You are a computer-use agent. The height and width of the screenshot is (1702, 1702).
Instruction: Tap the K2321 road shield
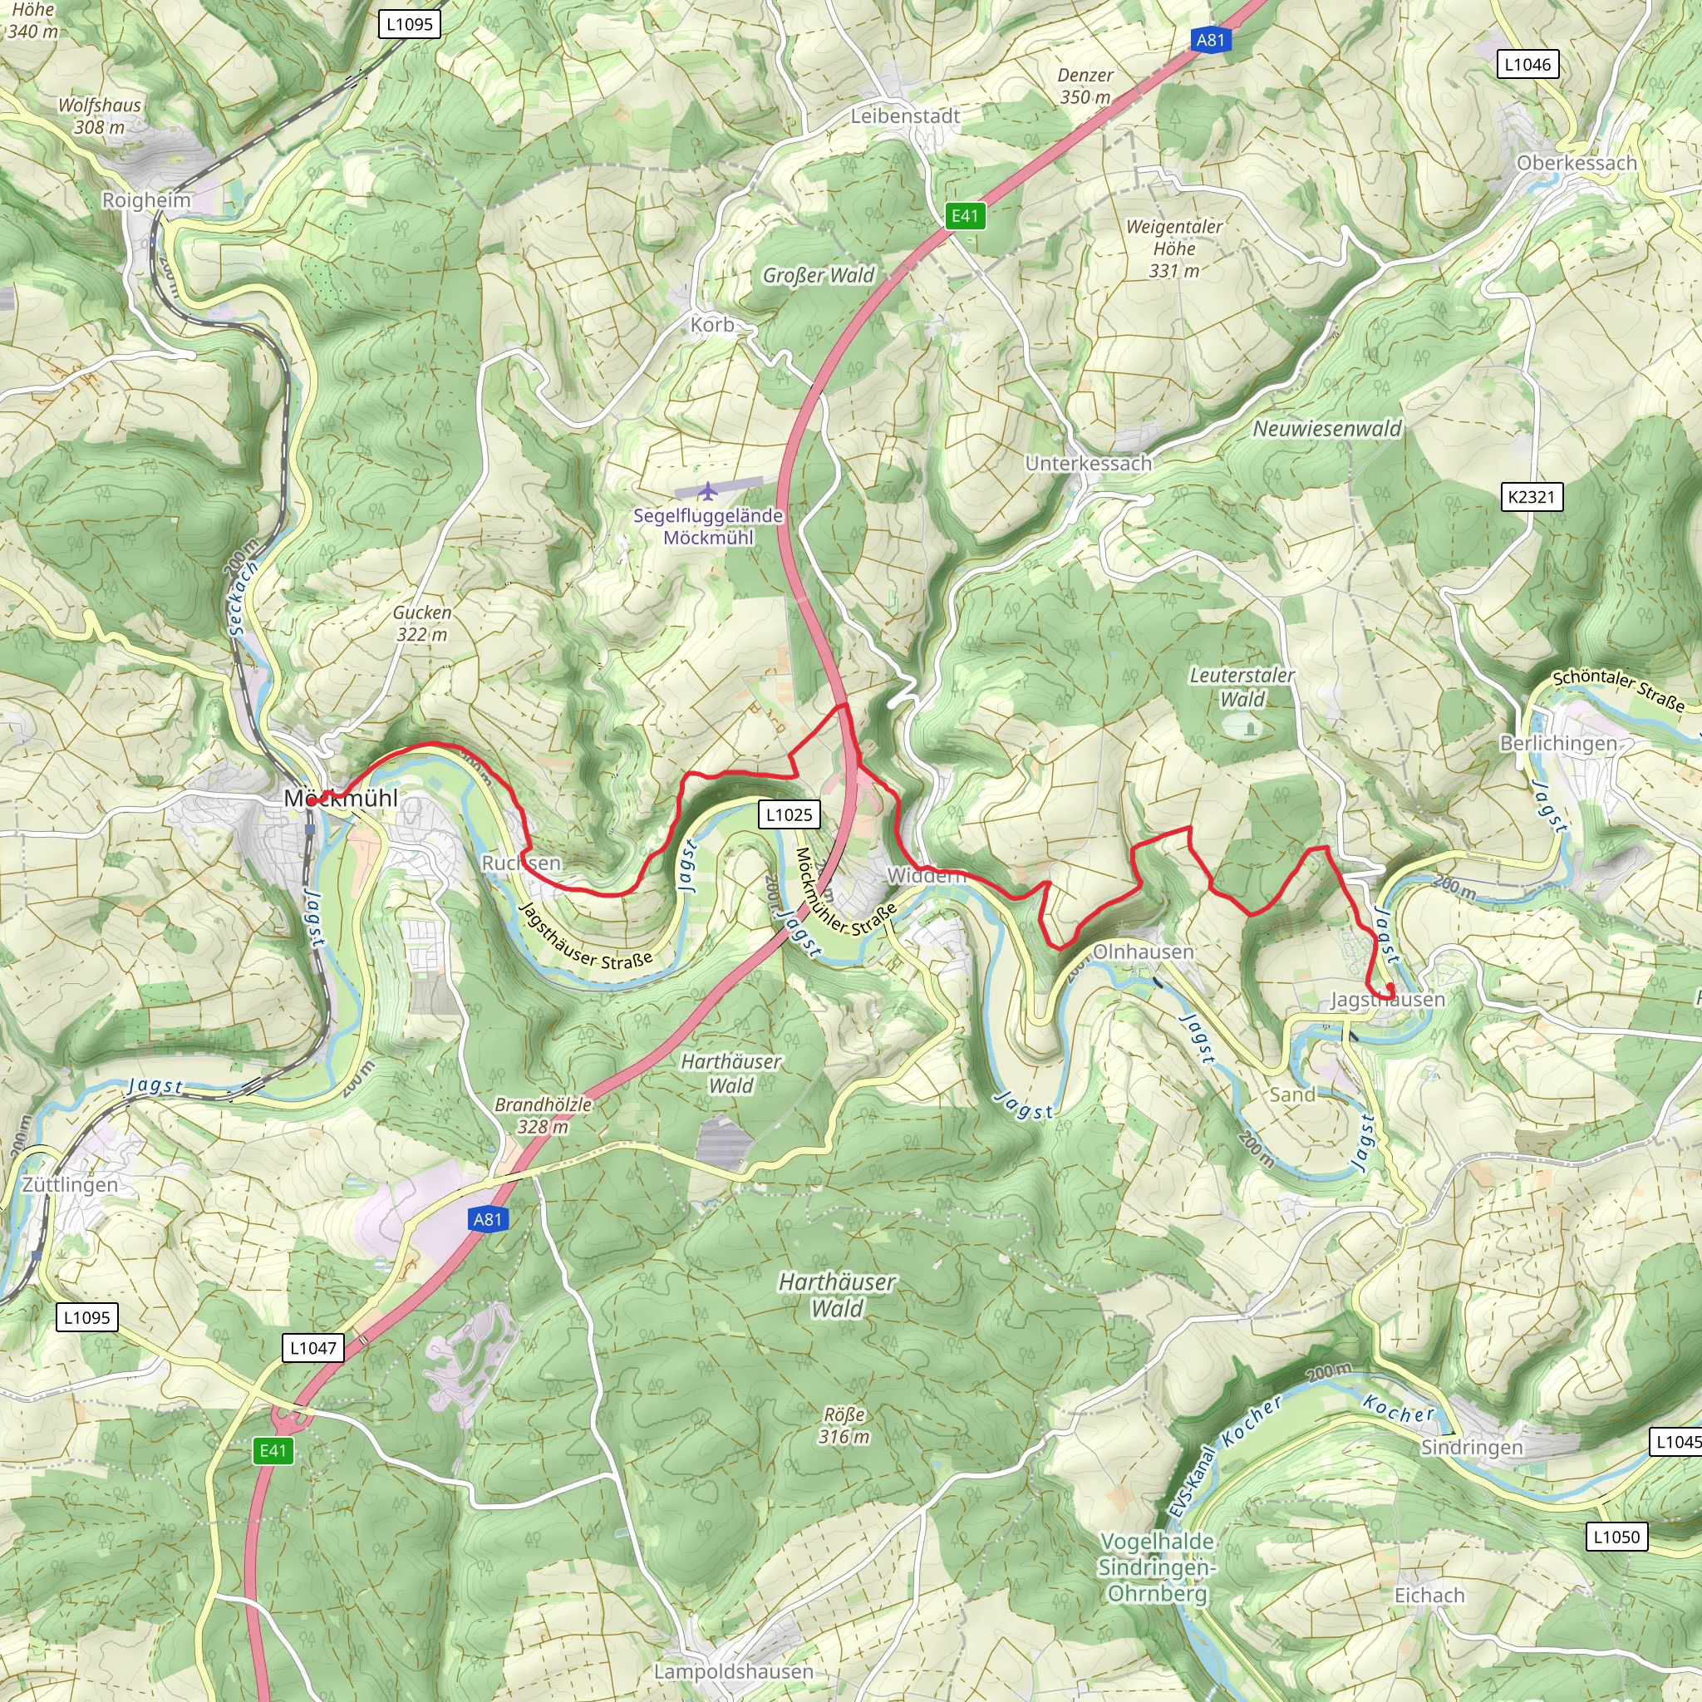pyautogui.click(x=1531, y=497)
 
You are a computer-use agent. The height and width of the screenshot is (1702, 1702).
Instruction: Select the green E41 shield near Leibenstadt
pyautogui.click(x=965, y=216)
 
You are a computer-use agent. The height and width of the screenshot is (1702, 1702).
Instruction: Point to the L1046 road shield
pyautogui.click(x=1527, y=64)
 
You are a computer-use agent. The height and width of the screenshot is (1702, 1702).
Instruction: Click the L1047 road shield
pyautogui.click(x=312, y=1348)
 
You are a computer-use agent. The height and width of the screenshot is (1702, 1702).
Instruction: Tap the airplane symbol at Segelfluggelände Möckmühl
pyautogui.click(x=706, y=490)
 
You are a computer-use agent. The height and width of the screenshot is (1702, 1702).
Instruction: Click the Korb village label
pyautogui.click(x=712, y=325)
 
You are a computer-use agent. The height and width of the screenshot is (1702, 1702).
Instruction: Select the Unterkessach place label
pyautogui.click(x=1088, y=464)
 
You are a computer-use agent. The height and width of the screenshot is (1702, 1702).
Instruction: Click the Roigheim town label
pyautogui.click(x=146, y=200)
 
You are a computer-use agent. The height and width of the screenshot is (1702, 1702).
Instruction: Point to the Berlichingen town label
pyautogui.click(x=1558, y=744)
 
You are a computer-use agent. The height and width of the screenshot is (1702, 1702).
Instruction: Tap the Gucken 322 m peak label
pyautogui.click(x=422, y=622)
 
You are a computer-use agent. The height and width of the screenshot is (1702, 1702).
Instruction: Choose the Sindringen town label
pyautogui.click(x=1471, y=1448)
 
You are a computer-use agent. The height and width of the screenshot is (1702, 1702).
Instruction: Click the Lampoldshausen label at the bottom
pyautogui.click(x=733, y=1671)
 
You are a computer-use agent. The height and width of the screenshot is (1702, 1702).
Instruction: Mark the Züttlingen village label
pyautogui.click(x=70, y=1185)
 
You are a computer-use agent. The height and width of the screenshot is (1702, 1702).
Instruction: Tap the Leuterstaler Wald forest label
pyautogui.click(x=1242, y=687)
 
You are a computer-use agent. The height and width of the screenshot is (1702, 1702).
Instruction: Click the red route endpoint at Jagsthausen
pyautogui.click(x=1390, y=987)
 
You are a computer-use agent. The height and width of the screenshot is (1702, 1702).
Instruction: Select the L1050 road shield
pyautogui.click(x=1616, y=1537)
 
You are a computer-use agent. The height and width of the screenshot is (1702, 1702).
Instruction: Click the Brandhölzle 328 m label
pyautogui.click(x=543, y=1115)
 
